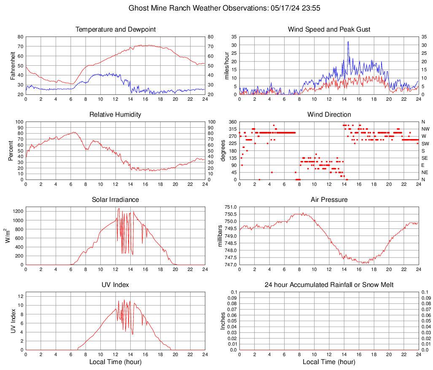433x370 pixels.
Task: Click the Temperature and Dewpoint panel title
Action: pyautogui.click(x=115, y=29)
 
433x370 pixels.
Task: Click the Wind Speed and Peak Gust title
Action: pyautogui.click(x=329, y=29)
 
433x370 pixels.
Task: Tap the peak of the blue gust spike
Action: pyautogui.click(x=348, y=42)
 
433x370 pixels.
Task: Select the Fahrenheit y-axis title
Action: pyautogui.click(x=13, y=65)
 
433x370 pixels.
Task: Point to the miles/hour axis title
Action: pyautogui.click(x=226, y=65)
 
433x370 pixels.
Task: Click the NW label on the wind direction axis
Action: pyautogui.click(x=425, y=129)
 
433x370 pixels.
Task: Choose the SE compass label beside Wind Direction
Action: pyautogui.click(x=425, y=158)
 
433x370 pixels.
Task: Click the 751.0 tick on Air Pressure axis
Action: pyautogui.click(x=231, y=207)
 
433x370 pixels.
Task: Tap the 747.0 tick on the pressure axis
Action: pyautogui.click(x=231, y=265)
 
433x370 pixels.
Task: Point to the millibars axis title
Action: pyautogui.click(x=220, y=236)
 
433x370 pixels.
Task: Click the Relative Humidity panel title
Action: pyautogui.click(x=115, y=115)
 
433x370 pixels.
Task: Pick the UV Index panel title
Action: pyautogui.click(x=115, y=285)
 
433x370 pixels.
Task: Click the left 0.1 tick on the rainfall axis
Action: pyautogui.click(x=234, y=292)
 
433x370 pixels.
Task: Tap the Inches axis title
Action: pyautogui.click(x=223, y=321)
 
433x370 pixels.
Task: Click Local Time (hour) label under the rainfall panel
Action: pyautogui.click(x=329, y=362)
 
